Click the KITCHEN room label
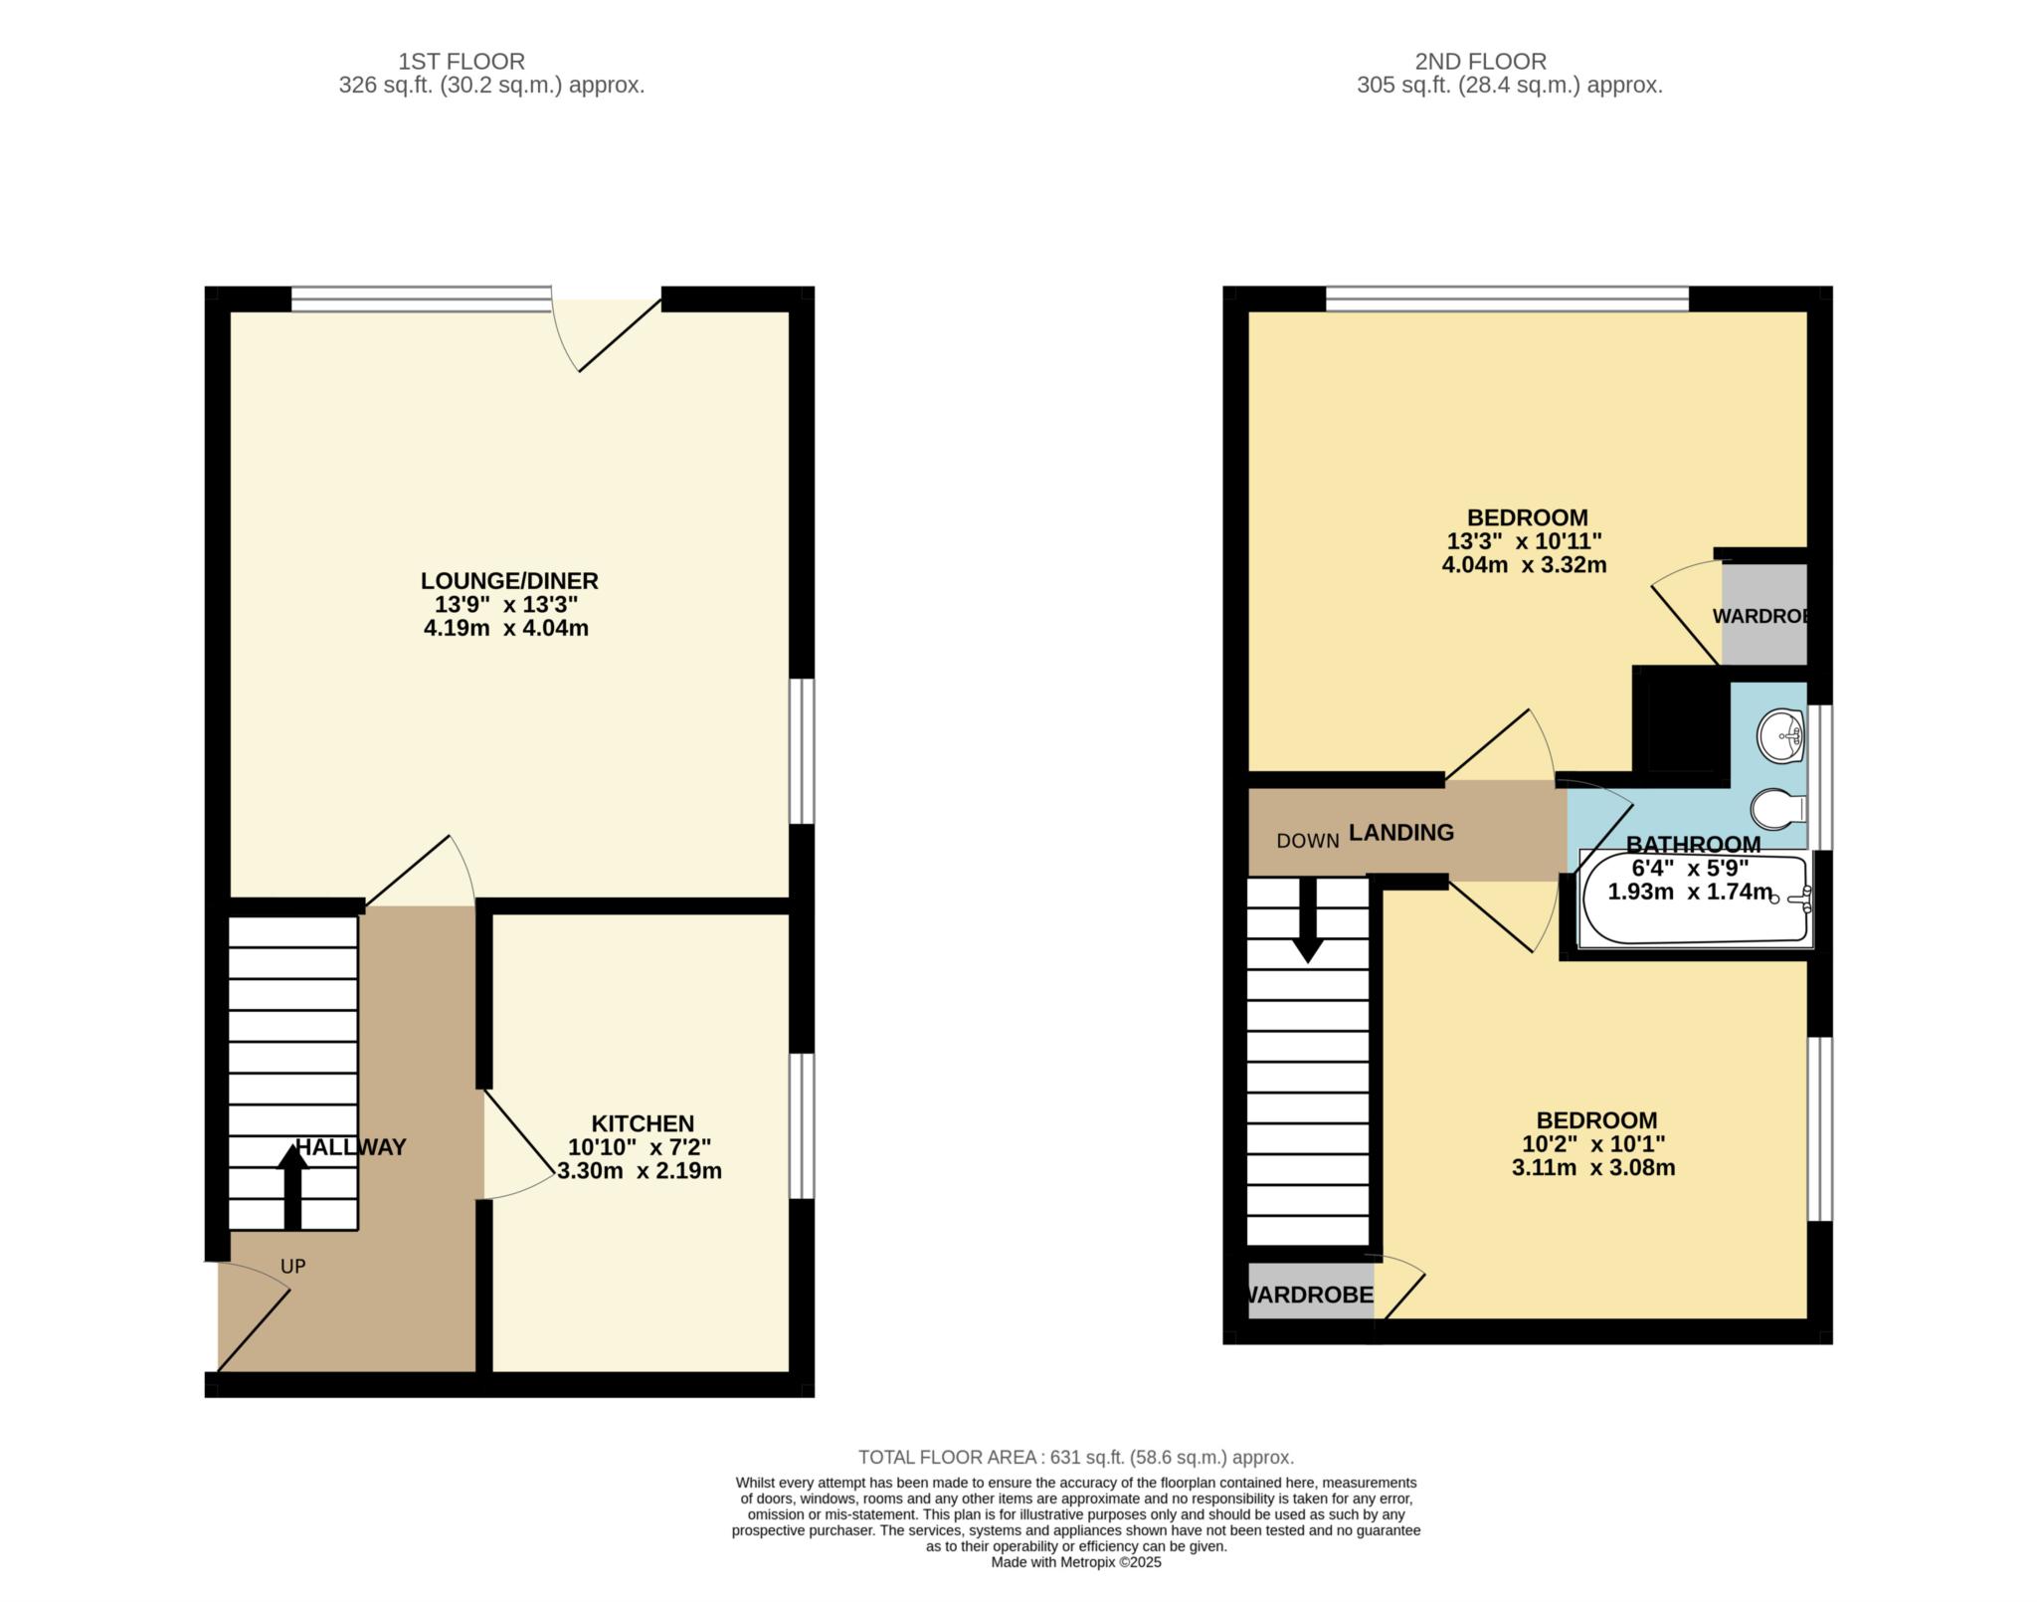tap(643, 1123)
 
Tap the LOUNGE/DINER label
tap(509, 580)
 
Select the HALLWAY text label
tap(351, 1147)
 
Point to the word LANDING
tap(1400, 832)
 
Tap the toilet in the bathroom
tap(1779, 809)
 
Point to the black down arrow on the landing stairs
tap(1307, 920)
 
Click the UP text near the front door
tap(292, 1267)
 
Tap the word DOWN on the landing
tap(1308, 841)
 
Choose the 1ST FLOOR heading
tap(461, 62)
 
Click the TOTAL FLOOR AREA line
tap(1076, 1458)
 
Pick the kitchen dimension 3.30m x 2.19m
tap(640, 1171)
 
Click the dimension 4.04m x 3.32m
tap(1524, 565)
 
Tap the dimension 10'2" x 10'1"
tap(1593, 1144)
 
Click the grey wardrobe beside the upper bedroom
tap(1763, 614)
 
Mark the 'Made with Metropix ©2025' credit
tap(1076, 1562)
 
